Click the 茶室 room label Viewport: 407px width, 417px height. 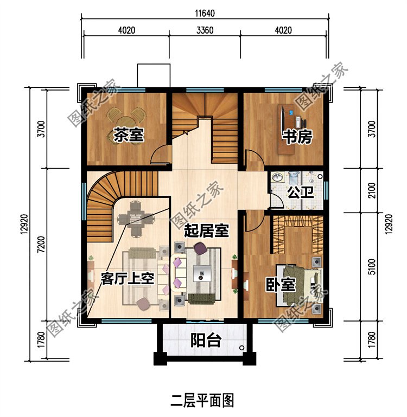click(x=129, y=135)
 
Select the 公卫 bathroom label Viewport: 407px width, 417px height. click(x=296, y=193)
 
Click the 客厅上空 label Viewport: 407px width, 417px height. click(x=129, y=279)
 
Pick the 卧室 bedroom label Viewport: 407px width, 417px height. click(x=280, y=285)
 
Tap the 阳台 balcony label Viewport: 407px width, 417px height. click(x=206, y=341)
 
